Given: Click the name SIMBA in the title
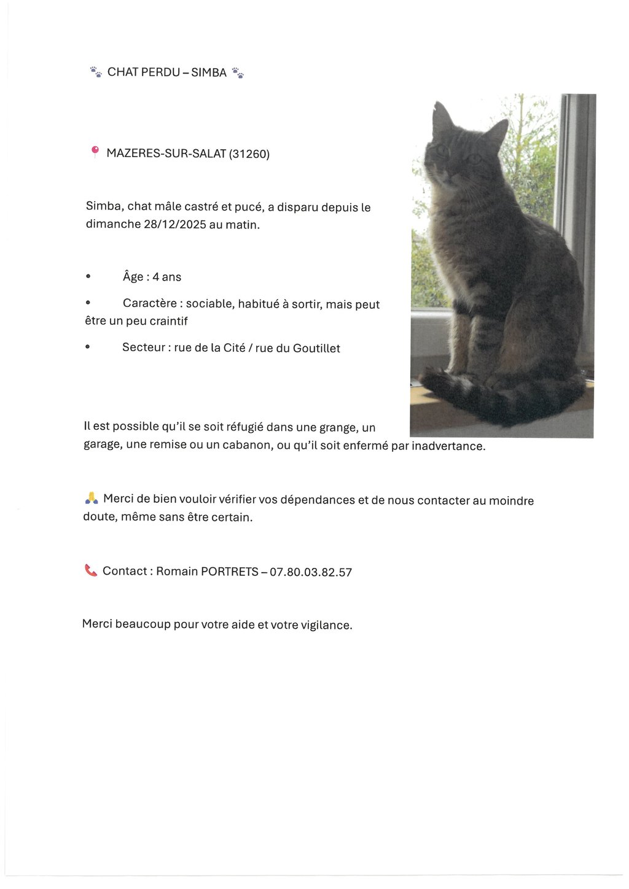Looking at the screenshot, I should (x=209, y=72).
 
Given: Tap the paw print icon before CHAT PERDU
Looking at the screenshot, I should (x=96, y=72).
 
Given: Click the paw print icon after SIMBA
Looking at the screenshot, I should (x=238, y=72).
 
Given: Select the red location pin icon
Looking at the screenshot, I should (x=95, y=151).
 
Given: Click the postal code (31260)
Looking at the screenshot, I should (x=249, y=153).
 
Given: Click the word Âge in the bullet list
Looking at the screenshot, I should (x=133, y=277).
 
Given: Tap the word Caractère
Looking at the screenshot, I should (x=149, y=304).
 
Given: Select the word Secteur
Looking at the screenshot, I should (x=143, y=347).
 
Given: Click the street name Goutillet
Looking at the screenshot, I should (x=316, y=348).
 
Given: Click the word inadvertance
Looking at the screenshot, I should (x=448, y=446).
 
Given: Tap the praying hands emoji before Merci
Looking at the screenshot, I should (x=92, y=498).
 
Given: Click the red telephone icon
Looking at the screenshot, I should (x=91, y=570).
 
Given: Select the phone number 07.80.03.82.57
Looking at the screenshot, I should (x=311, y=572).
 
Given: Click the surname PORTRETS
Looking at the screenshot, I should (x=230, y=572).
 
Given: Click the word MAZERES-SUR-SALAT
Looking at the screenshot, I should (x=166, y=153).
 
